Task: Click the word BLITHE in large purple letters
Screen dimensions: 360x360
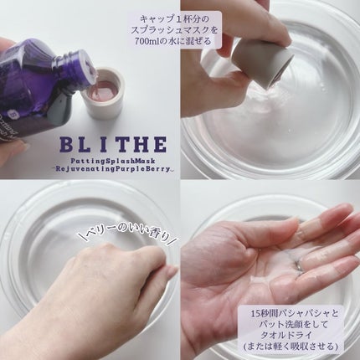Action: (x=113, y=145)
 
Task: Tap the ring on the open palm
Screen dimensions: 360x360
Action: (x=298, y=265)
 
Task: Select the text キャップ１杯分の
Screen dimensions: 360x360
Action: (x=173, y=19)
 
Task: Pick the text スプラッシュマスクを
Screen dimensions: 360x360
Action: (x=174, y=30)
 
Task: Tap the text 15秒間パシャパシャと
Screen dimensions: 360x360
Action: (x=295, y=313)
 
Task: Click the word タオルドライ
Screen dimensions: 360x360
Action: (x=291, y=335)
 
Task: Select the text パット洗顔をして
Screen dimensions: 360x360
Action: (x=294, y=324)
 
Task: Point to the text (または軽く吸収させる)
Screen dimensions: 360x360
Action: (x=291, y=347)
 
